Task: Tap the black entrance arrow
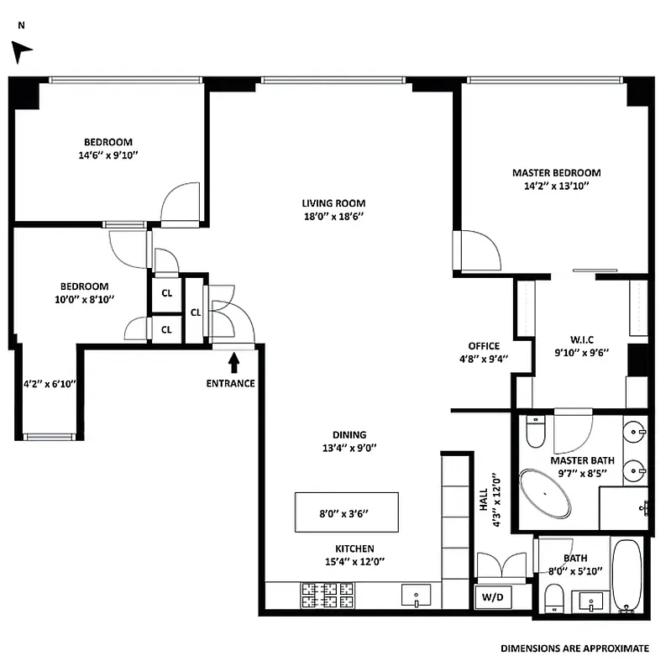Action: (234, 362)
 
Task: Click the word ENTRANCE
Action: (230, 384)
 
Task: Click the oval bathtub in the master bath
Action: (545, 494)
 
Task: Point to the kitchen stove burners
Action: (323, 596)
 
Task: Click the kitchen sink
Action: (417, 596)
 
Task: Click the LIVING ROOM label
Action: (333, 203)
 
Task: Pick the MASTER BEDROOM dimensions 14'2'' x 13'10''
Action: (556, 186)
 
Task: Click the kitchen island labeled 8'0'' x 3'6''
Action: (346, 512)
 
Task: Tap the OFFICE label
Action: (484, 346)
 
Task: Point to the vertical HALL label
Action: (484, 502)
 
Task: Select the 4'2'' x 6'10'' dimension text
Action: (50, 385)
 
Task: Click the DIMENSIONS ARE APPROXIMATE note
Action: (574, 648)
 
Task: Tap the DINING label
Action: (349, 434)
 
